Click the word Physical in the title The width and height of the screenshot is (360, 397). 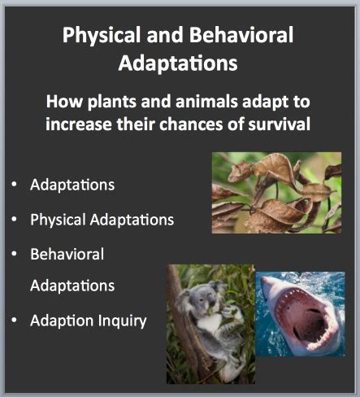102,36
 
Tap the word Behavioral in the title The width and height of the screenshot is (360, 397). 241,34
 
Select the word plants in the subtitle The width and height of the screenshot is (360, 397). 112,103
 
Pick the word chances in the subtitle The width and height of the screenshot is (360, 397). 191,124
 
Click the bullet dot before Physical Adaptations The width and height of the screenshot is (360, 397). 15,219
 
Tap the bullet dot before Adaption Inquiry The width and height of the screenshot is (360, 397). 15,320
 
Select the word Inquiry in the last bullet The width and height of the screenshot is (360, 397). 122,321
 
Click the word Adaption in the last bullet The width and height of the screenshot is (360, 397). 62,321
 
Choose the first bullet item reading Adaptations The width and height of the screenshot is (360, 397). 72,185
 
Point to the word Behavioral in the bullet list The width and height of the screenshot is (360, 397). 67,254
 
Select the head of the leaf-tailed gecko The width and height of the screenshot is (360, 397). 238,172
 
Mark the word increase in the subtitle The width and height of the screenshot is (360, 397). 79,124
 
